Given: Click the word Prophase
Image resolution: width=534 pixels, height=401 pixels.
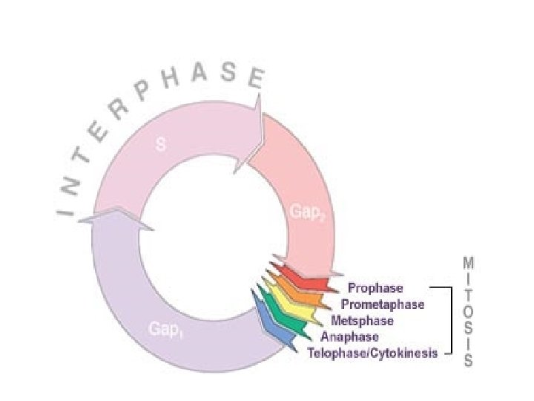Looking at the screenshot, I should tap(375, 288).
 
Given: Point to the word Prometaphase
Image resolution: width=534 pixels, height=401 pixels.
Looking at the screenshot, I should tap(382, 304).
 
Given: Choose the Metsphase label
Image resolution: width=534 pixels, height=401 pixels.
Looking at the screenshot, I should tap(362, 321).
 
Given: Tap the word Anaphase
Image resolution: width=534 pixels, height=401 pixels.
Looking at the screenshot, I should tap(349, 337).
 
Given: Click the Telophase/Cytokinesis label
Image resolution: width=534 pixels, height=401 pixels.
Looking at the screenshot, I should tap(372, 353).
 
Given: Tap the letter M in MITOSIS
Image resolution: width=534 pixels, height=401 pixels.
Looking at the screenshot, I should tap(469, 264).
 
